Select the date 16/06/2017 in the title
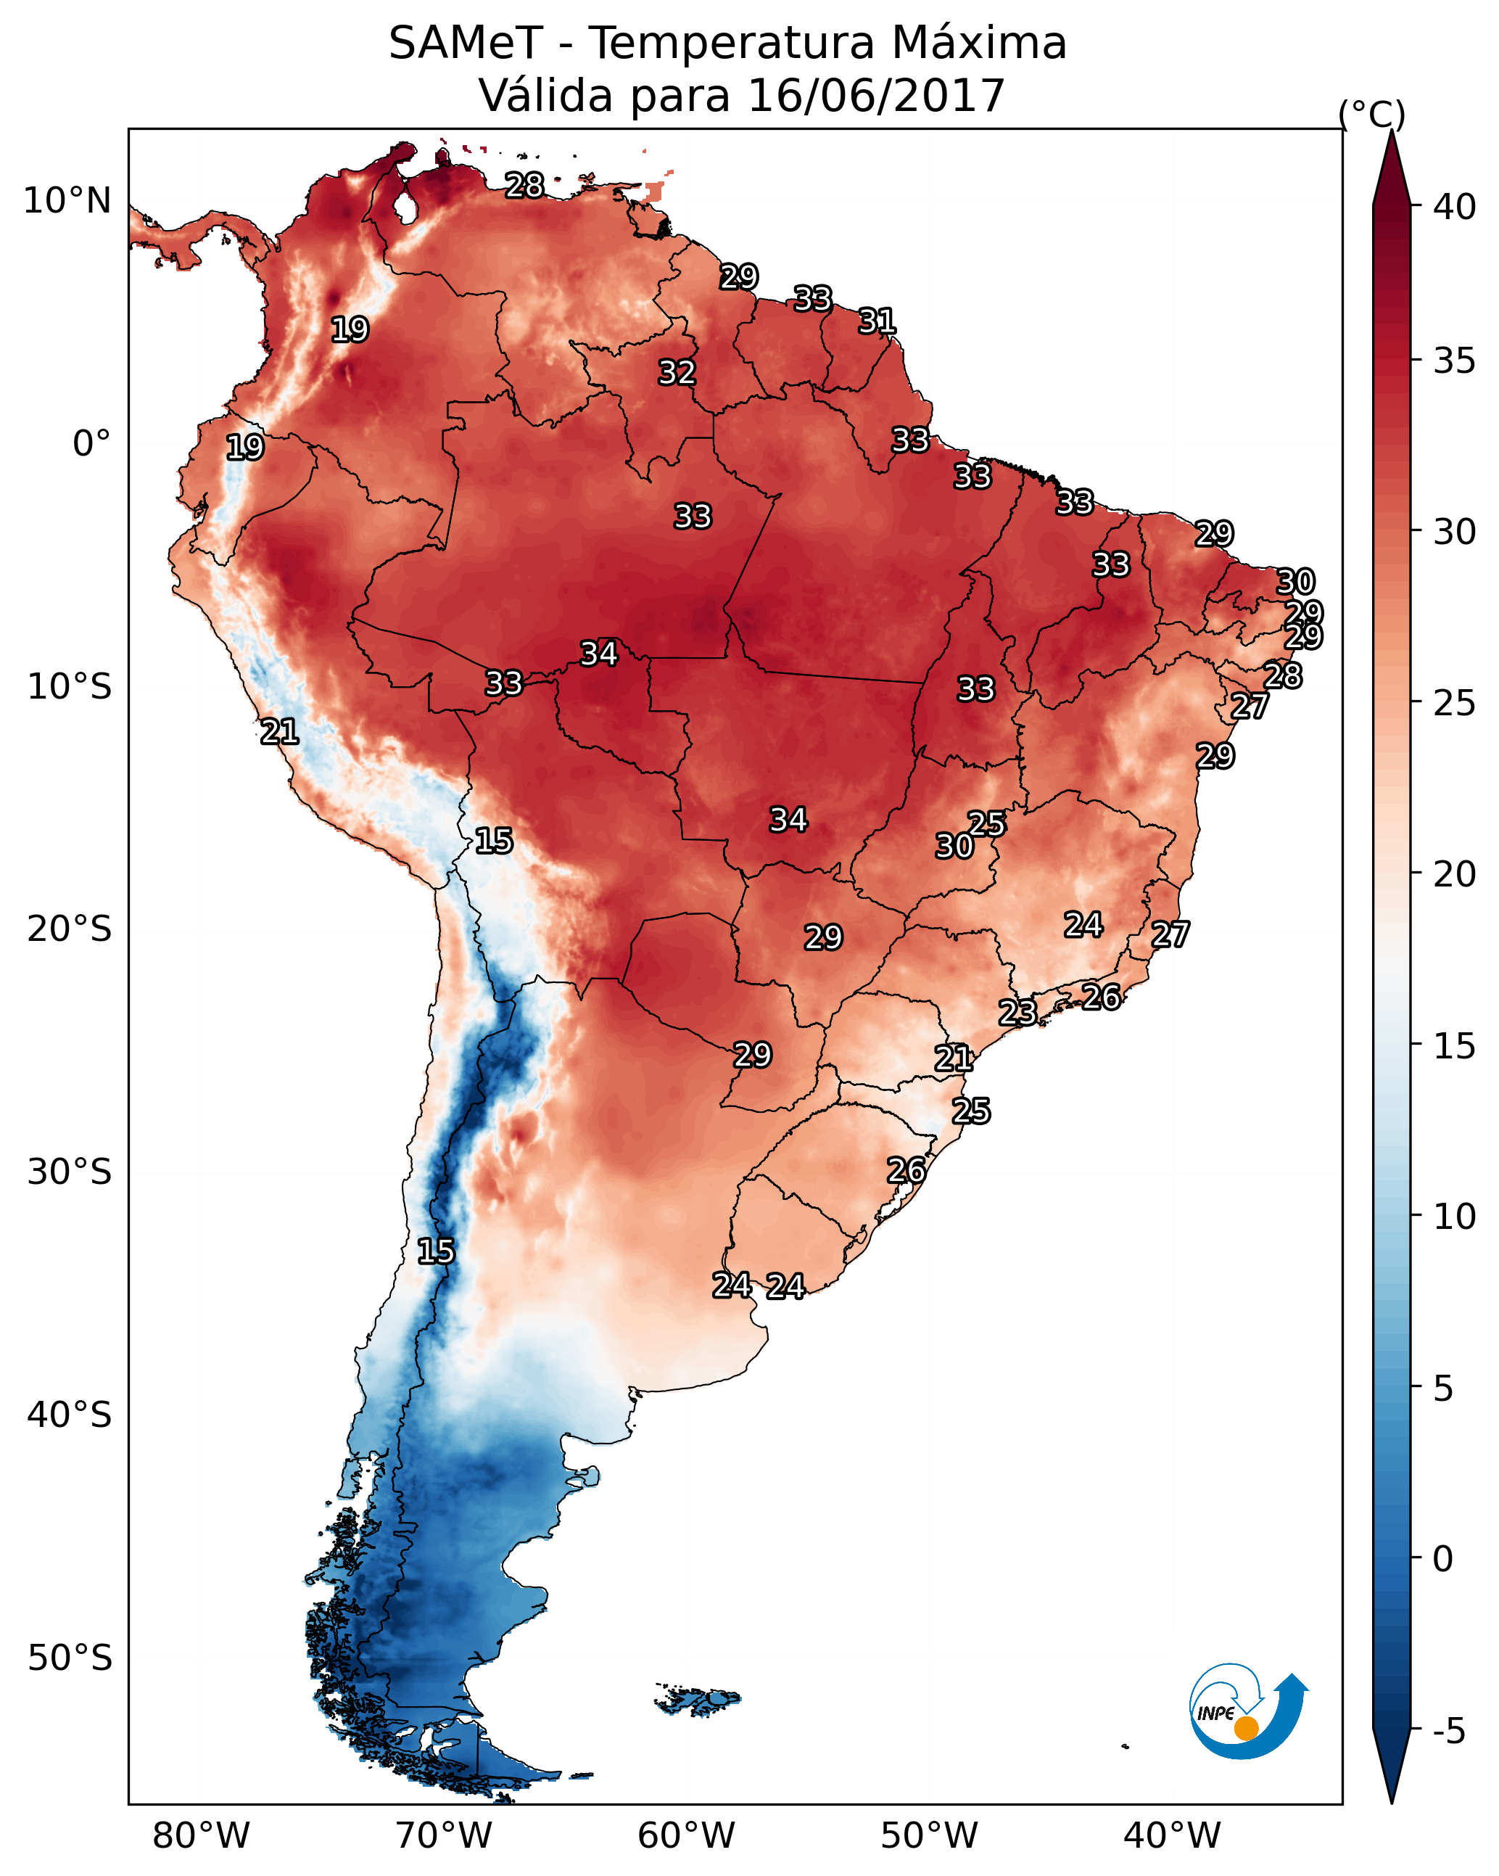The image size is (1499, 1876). pos(875,96)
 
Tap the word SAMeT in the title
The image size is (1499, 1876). pos(466,44)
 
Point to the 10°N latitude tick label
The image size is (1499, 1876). pos(67,201)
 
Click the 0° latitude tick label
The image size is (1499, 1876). pos(91,444)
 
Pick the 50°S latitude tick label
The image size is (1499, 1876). pos(70,1658)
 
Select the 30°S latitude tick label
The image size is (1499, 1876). pos(70,1172)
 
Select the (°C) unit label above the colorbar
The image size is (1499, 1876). pos(1371,114)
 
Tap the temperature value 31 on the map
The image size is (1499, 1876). pos(877,321)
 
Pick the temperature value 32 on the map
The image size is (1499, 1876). pos(677,372)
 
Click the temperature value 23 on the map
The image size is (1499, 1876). pos(1017,1012)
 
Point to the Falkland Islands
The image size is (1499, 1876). pos(698,1700)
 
